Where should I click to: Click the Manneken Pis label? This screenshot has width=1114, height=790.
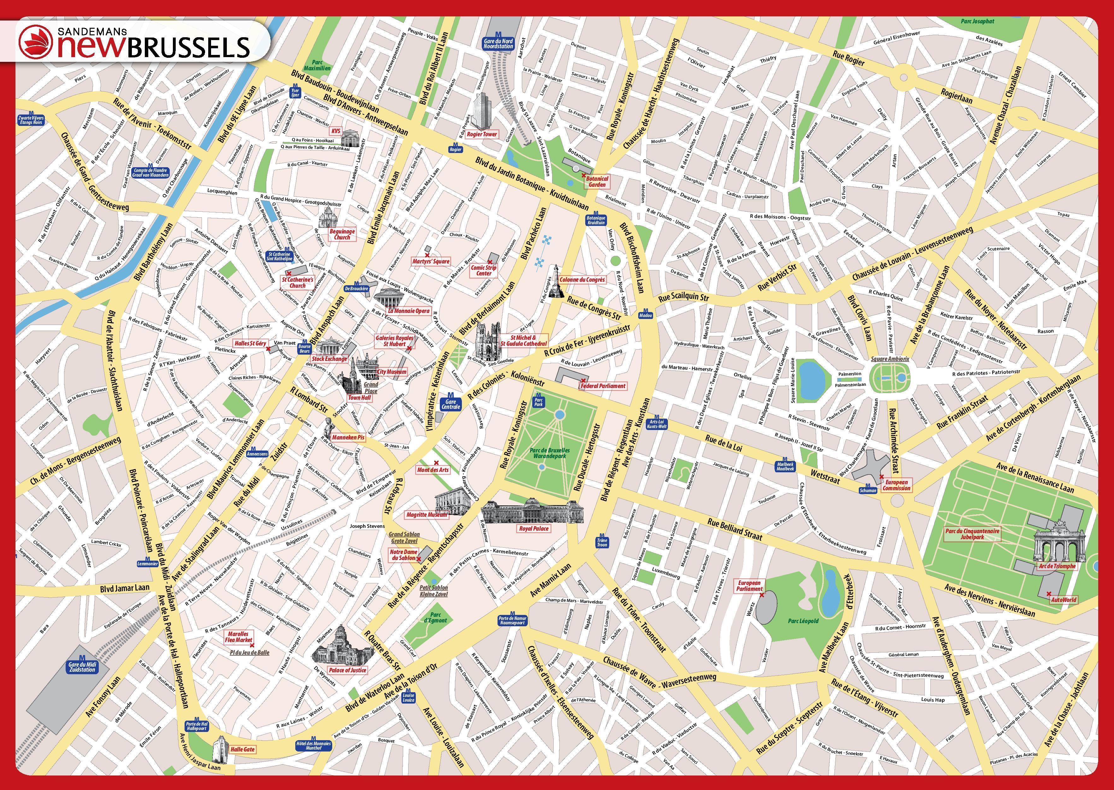[x=348, y=437]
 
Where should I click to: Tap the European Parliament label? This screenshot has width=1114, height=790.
[x=749, y=586]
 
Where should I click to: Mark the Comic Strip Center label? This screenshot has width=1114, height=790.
[x=484, y=270]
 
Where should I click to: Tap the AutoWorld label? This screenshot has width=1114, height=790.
[x=1064, y=600]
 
